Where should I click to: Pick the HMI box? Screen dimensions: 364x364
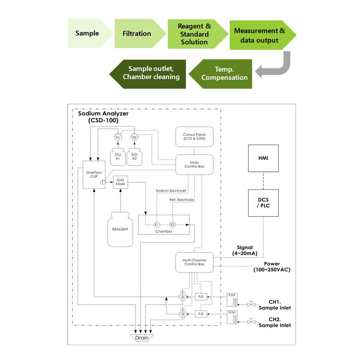coord(263,158)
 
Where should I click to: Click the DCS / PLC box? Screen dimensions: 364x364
coord(263,203)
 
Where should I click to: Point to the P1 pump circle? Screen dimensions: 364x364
coord(118,137)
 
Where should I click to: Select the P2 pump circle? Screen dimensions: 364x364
coord(134,137)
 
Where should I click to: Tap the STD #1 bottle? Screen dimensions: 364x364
coord(118,157)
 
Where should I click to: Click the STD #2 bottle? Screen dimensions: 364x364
coord(134,157)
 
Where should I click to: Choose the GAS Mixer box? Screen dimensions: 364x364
coord(120,182)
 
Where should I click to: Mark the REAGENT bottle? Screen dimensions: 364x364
coord(120,230)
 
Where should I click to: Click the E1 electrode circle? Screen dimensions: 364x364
coord(157,225)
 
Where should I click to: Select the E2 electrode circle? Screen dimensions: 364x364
coord(172,225)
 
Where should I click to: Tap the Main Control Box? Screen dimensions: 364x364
coord(194,165)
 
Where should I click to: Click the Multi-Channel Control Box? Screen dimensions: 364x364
coord(194,262)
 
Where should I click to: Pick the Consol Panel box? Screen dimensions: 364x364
coord(194,137)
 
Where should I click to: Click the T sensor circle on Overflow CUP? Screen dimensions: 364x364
coord(103,182)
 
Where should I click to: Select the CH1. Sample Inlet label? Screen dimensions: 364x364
coord(274,305)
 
